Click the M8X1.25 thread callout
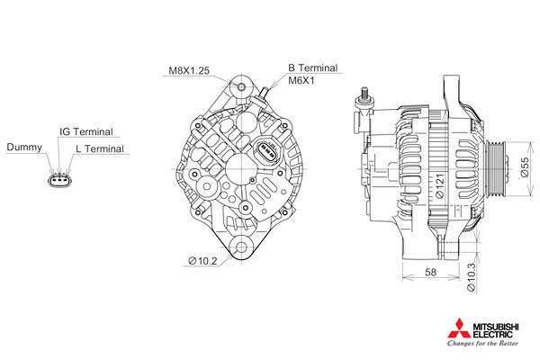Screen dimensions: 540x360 (189, 70)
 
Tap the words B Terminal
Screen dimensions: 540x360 (312, 67)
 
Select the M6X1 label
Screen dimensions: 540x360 (301, 81)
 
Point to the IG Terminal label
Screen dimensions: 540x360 (86, 131)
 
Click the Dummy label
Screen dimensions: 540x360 (24, 147)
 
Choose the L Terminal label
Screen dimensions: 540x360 (100, 148)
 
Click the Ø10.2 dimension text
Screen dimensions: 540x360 (202, 261)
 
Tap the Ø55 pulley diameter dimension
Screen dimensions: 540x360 (525, 167)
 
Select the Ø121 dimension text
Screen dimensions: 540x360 (440, 186)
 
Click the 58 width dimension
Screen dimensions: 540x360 (430, 272)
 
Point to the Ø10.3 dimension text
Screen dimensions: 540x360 (471, 277)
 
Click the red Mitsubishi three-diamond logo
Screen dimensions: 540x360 (459, 328)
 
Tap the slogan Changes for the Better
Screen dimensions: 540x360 (482, 343)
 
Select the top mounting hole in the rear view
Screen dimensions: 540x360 (241, 86)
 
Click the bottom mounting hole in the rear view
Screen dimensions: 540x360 (241, 247)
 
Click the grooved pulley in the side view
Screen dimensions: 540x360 (496, 169)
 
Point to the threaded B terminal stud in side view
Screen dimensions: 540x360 (364, 93)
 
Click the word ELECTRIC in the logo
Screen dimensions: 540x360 (493, 334)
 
